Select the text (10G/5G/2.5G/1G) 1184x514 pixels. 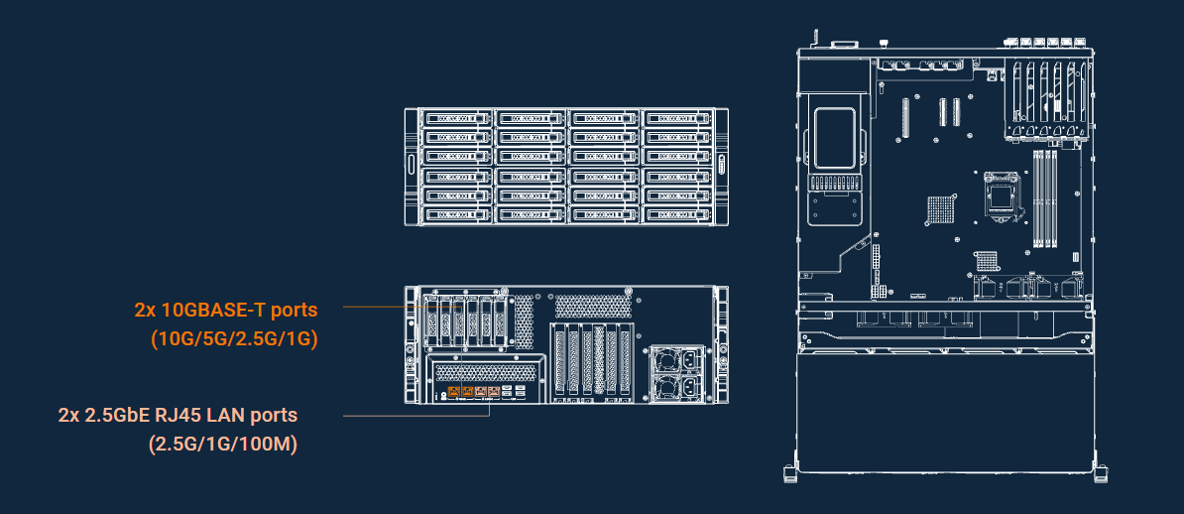[233, 339]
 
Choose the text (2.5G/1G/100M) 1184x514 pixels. [223, 445]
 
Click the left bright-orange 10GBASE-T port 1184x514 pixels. [454, 391]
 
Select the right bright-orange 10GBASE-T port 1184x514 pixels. [467, 391]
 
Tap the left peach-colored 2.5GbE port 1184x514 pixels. [480, 391]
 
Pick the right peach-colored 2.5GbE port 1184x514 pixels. [494, 391]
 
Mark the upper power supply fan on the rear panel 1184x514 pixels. [665, 359]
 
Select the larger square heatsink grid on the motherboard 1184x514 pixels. [941, 211]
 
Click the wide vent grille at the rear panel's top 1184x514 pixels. [594, 306]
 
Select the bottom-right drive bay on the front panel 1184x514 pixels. [677, 215]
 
